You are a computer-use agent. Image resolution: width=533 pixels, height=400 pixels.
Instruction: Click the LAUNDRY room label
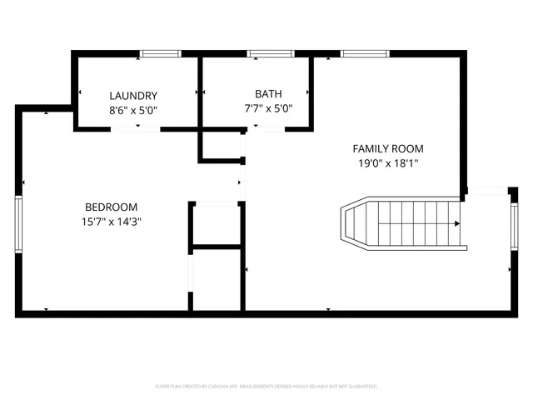133,96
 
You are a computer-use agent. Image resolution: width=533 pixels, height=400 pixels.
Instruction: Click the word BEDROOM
112,207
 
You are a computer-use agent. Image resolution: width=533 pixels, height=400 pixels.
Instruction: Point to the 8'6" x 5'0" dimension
133,109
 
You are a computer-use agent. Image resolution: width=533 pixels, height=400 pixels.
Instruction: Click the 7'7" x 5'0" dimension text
262,107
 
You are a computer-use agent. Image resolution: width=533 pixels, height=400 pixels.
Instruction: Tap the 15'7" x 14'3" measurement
112,222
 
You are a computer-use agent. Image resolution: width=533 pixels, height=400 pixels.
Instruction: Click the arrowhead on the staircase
456,223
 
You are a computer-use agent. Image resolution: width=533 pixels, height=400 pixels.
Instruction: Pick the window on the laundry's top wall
160,54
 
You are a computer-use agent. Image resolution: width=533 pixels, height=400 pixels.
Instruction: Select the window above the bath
271,54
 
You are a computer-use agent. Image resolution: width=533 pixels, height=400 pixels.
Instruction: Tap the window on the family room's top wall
365,54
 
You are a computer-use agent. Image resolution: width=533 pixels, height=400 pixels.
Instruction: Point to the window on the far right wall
513,227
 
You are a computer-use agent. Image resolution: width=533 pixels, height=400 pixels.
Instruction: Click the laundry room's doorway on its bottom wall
135,129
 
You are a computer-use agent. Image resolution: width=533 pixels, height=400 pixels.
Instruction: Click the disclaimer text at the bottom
266,387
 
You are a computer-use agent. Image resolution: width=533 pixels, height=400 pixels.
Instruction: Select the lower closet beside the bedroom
217,279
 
